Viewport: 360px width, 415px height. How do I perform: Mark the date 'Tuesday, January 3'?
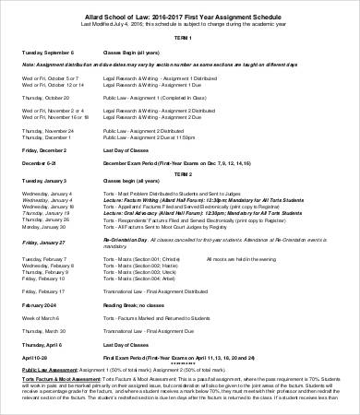pyautogui.click(x=44, y=185)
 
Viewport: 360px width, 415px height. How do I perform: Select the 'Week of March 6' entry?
pyautogui.click(x=42, y=315)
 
